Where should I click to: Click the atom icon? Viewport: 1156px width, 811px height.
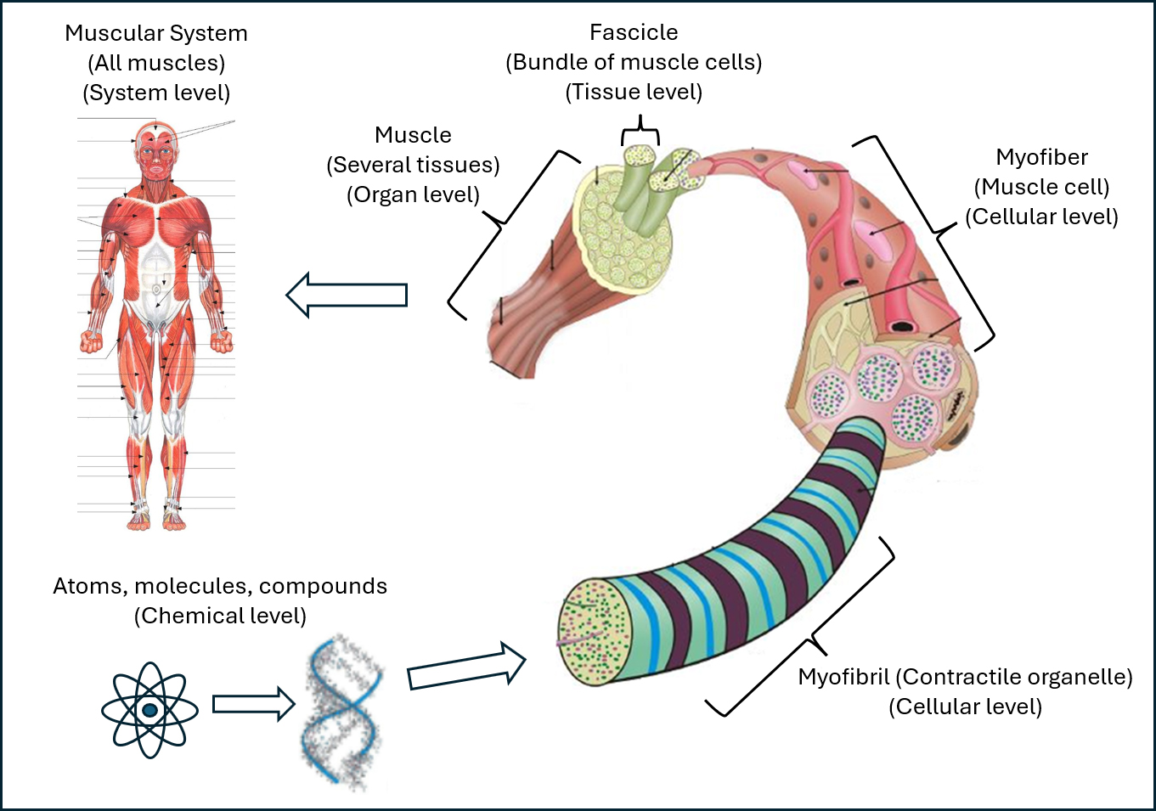pyautogui.click(x=149, y=709)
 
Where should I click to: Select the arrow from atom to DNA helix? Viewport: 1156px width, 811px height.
pyautogui.click(x=253, y=704)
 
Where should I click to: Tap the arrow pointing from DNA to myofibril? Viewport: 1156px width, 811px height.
pyautogui.click(x=466, y=667)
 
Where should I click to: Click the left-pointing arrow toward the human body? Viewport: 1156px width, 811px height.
pyautogui.click(x=347, y=295)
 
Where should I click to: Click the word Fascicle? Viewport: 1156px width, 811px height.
pyautogui.click(x=634, y=32)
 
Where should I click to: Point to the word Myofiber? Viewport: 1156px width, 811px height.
pyautogui.click(x=1041, y=157)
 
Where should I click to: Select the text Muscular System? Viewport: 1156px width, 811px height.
pyautogui.click(x=156, y=33)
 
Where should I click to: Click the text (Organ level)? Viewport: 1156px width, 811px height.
pyautogui.click(x=413, y=194)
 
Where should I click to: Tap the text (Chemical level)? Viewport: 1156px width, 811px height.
pyautogui.click(x=220, y=616)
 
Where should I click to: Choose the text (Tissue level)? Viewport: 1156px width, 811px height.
pyautogui.click(x=634, y=92)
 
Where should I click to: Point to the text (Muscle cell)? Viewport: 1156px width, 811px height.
pyautogui.click(x=1041, y=187)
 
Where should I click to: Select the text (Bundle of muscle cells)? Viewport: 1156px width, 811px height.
pyautogui.click(x=634, y=62)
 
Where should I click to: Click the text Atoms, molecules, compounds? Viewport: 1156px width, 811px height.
pyautogui.click(x=220, y=586)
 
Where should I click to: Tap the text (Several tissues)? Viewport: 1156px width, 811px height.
pyautogui.click(x=413, y=165)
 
